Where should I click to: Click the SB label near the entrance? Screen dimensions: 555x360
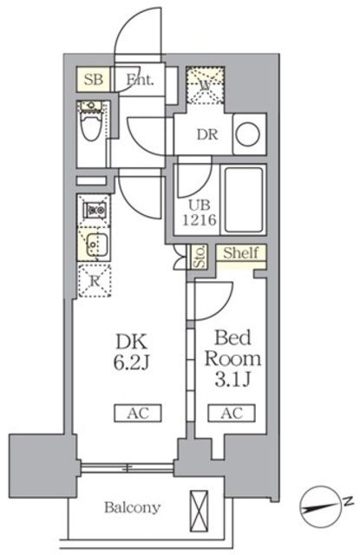[x=94, y=81]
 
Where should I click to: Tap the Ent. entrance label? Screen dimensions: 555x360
[x=139, y=81]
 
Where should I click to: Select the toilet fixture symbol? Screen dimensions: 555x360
[x=88, y=127]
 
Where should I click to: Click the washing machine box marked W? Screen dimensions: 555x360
[x=206, y=87]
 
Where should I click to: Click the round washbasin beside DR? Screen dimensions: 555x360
[x=247, y=134]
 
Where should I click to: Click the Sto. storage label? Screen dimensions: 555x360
[x=198, y=257]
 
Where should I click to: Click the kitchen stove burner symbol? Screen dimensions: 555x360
[x=94, y=210]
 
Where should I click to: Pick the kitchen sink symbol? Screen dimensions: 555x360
[x=94, y=243]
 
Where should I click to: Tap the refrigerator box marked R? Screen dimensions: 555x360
[x=94, y=279]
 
